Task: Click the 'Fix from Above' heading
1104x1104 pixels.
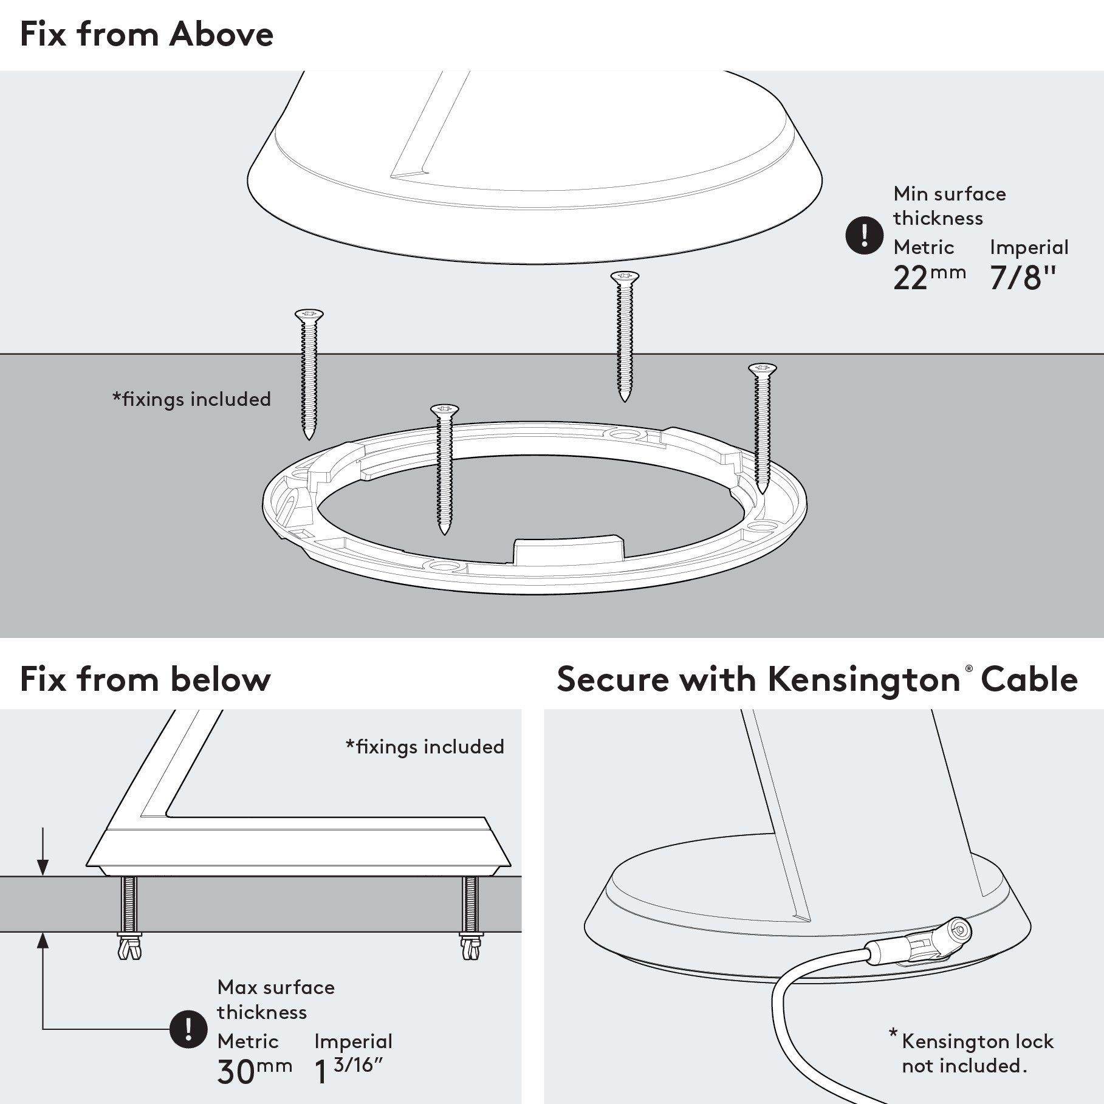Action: (x=146, y=35)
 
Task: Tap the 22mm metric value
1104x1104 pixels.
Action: (x=928, y=278)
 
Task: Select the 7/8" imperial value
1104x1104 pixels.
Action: (x=1023, y=278)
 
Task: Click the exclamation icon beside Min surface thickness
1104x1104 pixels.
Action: (x=864, y=235)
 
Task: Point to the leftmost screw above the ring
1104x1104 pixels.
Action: (x=309, y=374)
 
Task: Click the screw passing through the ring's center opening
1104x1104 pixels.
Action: (x=444, y=468)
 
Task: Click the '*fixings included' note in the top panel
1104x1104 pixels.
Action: (x=191, y=399)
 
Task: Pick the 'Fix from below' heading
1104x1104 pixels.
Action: (x=145, y=679)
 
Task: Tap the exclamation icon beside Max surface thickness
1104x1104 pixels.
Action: (x=188, y=1029)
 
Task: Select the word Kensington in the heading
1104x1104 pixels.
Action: (x=863, y=679)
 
